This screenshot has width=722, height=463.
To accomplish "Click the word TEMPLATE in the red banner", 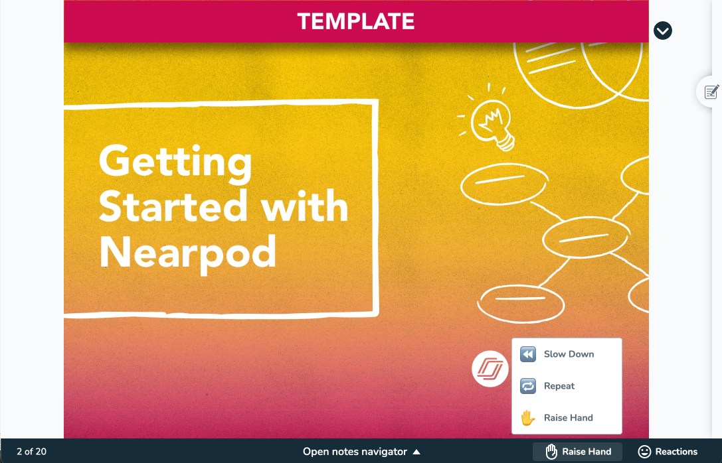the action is coord(356,22).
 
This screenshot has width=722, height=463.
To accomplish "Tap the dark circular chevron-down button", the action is coord(663,31).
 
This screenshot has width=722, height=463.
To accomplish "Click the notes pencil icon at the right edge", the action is coord(711,92).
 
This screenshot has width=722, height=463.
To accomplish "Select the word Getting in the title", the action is coord(175,163).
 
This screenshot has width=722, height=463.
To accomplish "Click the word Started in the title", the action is coord(173,206).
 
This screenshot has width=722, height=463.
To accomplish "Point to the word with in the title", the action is coord(304,206).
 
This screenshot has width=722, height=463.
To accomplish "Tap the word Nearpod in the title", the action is coord(188,253).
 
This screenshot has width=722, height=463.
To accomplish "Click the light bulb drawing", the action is coord(491,123).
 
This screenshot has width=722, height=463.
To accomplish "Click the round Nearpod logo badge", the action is coord(490,369).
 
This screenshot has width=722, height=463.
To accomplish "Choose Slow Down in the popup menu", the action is coord(569,354).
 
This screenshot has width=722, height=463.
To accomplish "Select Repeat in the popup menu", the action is coord(559,386).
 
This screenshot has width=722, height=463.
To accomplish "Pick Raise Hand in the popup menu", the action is coord(568,417).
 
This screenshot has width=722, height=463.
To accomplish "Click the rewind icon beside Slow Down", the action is coord(527,354).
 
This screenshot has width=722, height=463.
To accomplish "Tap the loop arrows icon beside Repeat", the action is coord(527,386).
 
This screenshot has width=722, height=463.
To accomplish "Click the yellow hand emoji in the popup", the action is coord(527,417).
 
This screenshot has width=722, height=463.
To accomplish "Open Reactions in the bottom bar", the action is coord(668,452).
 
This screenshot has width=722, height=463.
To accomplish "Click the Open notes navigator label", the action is coord(355,452).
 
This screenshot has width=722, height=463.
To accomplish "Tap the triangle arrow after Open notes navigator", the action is coord(416,452).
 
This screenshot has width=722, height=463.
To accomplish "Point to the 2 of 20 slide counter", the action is coord(32,452).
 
